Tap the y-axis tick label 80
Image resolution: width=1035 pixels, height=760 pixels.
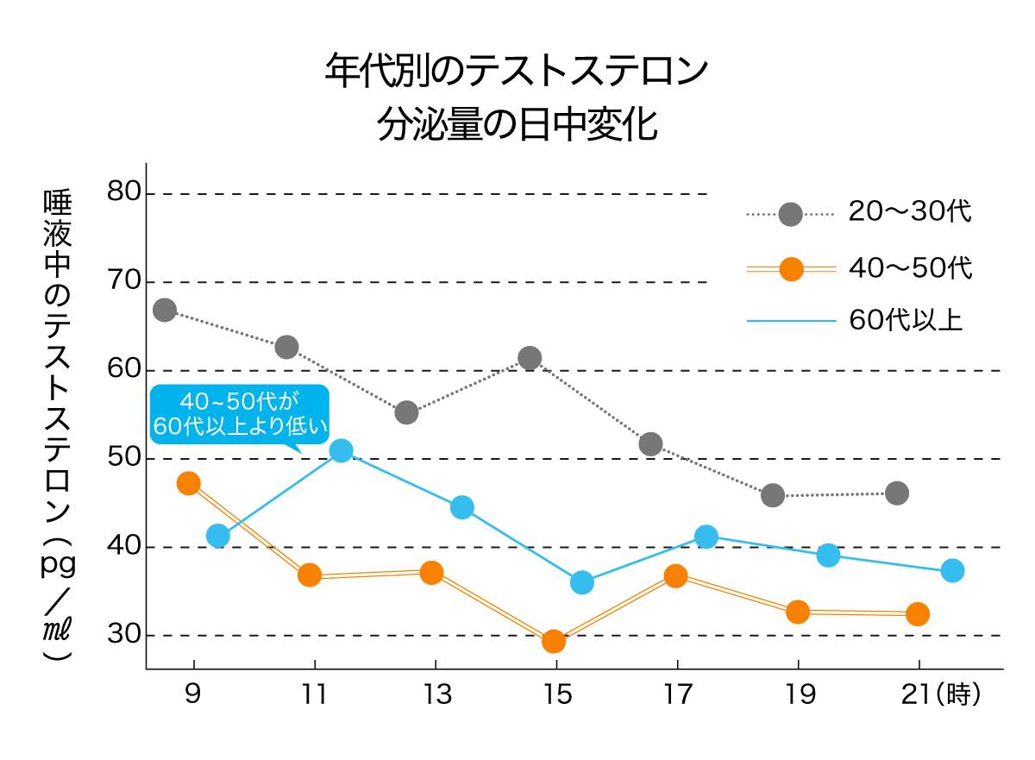tap(124, 191)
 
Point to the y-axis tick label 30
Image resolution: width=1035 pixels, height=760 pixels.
tap(124, 635)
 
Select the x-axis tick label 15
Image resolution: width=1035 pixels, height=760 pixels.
tap(557, 695)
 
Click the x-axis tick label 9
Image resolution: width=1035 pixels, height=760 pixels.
tap(194, 695)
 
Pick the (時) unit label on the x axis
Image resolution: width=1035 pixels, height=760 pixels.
tap(959, 695)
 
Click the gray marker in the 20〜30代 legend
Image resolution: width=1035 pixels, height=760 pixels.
tap(790, 215)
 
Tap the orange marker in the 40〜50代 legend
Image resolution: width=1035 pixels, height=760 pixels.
tap(790, 269)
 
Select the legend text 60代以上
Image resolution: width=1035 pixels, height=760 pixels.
tap(906, 321)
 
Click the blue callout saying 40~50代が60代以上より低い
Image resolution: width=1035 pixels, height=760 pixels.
tap(240, 414)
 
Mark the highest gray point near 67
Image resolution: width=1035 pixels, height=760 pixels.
tap(165, 311)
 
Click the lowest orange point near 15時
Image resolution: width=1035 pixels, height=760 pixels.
tap(554, 641)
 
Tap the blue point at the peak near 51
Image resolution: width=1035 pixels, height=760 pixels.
tap(341, 450)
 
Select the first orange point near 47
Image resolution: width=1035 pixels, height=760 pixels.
tap(189, 483)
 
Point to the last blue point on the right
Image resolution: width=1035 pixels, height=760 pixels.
tap(952, 570)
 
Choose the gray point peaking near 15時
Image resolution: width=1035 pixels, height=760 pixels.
tap(530, 357)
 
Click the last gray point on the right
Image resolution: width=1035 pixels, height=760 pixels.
tap(897, 493)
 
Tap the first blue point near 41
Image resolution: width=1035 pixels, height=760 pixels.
tap(218, 536)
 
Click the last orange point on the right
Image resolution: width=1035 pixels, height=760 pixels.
tap(918, 613)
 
